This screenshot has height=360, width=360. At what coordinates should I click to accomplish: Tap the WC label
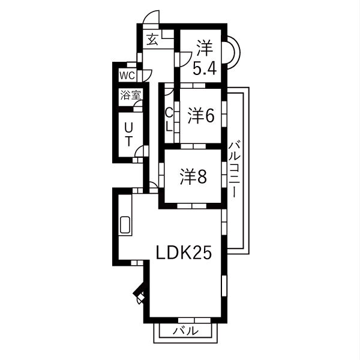click(127, 75)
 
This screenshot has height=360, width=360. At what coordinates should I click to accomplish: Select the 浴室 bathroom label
click(130, 94)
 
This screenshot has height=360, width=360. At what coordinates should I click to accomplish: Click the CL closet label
click(169, 119)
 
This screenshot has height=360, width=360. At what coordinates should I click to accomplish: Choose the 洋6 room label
click(200, 116)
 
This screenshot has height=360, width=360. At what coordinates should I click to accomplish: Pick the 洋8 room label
click(194, 176)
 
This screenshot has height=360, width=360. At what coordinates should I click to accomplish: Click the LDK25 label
click(184, 253)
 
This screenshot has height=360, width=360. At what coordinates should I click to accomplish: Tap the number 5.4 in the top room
click(204, 68)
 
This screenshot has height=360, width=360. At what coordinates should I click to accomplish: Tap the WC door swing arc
click(144, 75)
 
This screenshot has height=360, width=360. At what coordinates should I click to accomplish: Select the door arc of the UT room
click(140, 151)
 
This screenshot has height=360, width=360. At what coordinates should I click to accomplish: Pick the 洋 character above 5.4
click(205, 46)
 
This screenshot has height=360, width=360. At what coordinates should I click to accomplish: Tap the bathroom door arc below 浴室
click(138, 106)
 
